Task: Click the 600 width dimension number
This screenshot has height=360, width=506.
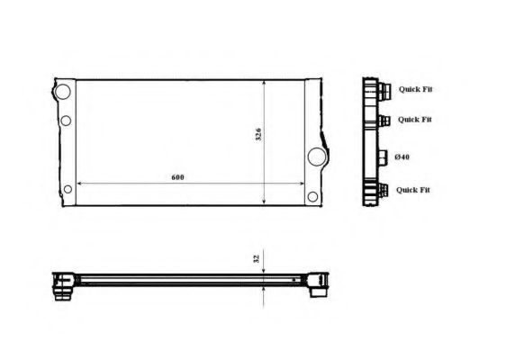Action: point(177,177)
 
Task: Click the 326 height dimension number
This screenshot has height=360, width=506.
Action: point(258,134)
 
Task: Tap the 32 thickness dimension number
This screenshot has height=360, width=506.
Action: point(257,258)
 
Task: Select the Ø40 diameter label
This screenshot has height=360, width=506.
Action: point(402,157)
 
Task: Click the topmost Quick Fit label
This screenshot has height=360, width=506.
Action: point(415,89)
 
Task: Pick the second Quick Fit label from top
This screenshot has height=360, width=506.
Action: point(415,120)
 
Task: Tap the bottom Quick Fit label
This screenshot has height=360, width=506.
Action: point(413,190)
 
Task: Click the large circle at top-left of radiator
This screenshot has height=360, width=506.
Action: point(63,91)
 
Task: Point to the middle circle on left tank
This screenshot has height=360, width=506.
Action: point(66,121)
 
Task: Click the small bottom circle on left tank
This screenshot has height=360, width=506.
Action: point(68,189)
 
